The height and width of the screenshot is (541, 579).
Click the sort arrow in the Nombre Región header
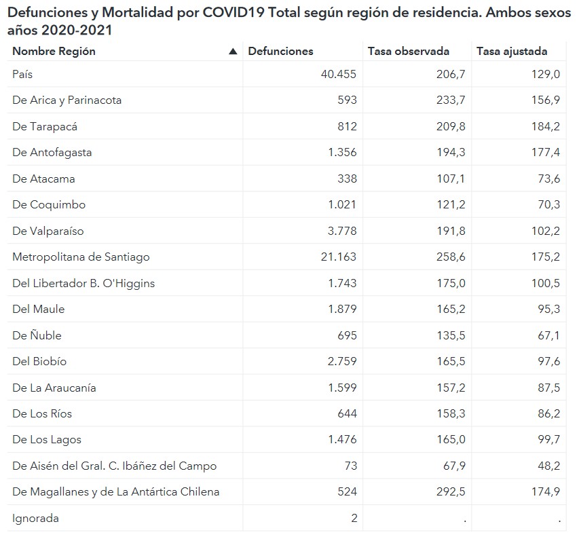(234, 52)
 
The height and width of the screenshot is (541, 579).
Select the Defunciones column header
(280, 52)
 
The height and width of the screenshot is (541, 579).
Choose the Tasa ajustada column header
(512, 52)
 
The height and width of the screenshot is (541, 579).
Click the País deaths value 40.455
(338, 75)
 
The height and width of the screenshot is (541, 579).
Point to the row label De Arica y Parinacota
(67, 100)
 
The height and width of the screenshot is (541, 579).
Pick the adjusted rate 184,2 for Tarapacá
(546, 127)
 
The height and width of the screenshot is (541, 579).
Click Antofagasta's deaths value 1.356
(341, 153)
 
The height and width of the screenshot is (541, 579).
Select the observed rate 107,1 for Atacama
(451, 179)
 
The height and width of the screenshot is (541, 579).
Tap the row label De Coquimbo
(49, 205)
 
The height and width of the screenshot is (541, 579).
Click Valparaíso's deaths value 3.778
(341, 231)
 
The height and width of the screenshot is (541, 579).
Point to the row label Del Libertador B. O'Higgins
(83, 284)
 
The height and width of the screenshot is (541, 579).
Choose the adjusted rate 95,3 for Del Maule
(548, 310)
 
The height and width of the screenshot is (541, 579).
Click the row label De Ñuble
(37, 336)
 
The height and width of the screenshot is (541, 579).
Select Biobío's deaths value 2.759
(341, 362)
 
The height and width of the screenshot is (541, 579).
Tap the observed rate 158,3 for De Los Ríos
(451, 414)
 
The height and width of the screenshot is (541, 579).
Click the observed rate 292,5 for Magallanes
(451, 492)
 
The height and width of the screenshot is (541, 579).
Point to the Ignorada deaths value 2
(354, 519)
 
